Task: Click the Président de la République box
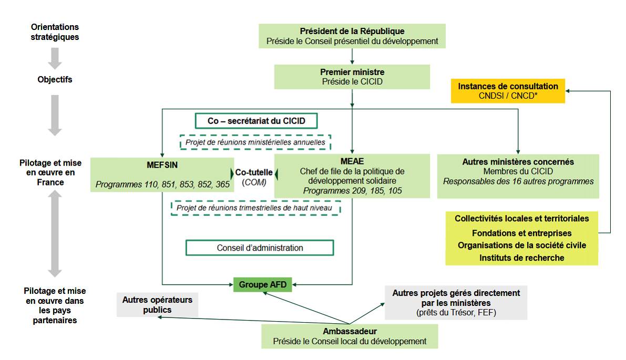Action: tap(352, 36)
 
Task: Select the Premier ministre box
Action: tap(352, 77)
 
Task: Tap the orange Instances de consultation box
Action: tap(508, 91)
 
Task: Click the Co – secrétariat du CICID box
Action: tap(256, 121)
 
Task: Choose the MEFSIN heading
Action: tap(162, 164)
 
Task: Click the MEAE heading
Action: tap(352, 161)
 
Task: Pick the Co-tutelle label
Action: tap(254, 172)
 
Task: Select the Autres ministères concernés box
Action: tap(518, 171)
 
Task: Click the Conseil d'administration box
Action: tap(260, 248)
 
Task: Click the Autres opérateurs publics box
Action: tap(157, 304)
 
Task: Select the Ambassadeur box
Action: tap(350, 336)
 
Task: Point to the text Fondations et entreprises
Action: tap(521, 233)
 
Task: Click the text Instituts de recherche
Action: tap(521, 258)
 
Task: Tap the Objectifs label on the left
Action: tap(55, 80)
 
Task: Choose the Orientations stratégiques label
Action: tap(55, 32)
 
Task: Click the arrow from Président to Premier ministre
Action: tap(352, 56)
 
